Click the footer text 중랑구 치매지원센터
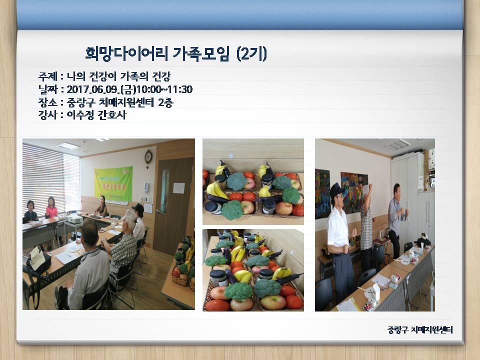[420, 330]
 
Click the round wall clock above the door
[148, 156]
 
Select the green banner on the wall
[113, 182]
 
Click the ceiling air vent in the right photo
[398, 144]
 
